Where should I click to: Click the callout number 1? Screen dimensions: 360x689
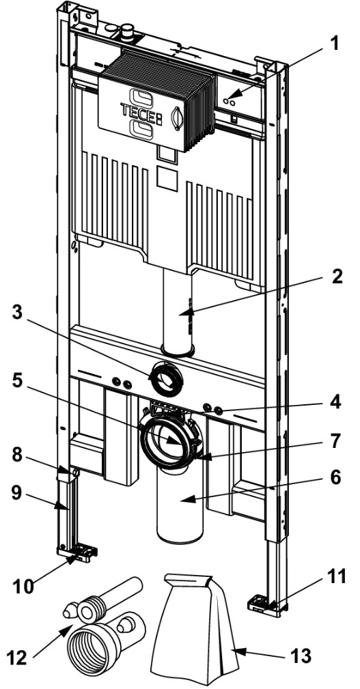[x=335, y=44]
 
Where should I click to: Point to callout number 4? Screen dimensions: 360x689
[x=335, y=402]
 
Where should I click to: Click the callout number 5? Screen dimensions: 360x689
[x=17, y=381]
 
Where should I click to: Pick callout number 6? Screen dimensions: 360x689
[x=335, y=477]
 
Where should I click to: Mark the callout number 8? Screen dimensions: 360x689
[x=17, y=455]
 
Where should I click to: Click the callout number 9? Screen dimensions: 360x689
[x=17, y=493]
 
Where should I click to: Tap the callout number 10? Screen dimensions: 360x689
[x=23, y=587]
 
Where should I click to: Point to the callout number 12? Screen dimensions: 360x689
[x=16, y=658]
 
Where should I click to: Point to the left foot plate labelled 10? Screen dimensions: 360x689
[x=77, y=553]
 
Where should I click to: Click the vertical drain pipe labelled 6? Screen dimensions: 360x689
[x=181, y=505]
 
